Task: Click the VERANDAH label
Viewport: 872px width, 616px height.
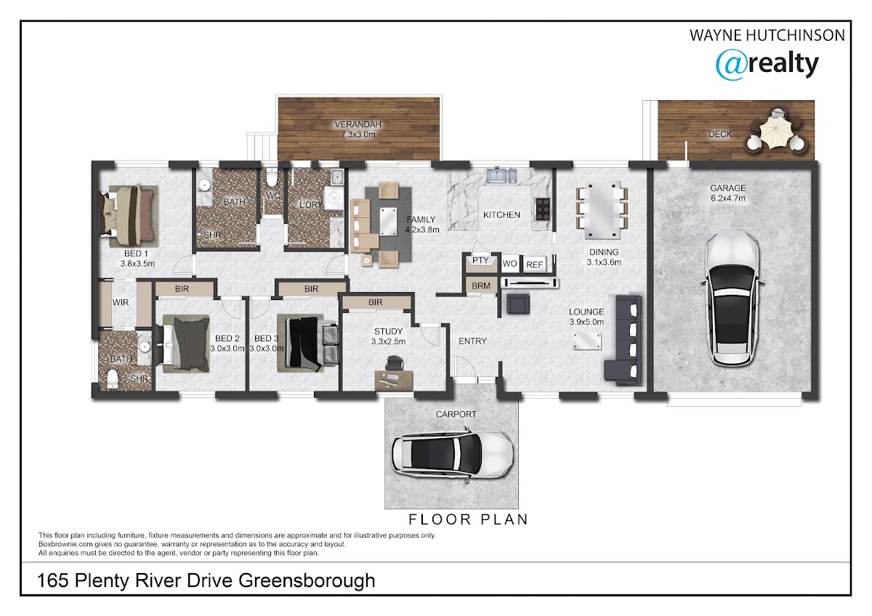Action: (x=358, y=124)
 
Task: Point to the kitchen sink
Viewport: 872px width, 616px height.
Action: (x=501, y=175)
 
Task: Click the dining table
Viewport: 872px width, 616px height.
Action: (x=602, y=209)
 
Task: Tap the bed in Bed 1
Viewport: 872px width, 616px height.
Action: (x=129, y=216)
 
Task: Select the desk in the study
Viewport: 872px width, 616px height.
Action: (x=393, y=379)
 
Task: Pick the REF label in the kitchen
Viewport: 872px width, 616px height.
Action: (x=534, y=264)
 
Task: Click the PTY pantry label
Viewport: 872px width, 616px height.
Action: (x=480, y=260)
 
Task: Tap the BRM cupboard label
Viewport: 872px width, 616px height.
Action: (x=481, y=286)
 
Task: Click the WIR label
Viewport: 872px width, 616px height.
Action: (x=121, y=302)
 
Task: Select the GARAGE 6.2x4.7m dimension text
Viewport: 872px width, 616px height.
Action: (x=728, y=193)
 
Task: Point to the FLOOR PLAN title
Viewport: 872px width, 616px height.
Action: (x=468, y=519)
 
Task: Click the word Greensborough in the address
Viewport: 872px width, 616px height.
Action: (x=307, y=581)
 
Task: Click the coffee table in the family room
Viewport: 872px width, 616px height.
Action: (x=388, y=222)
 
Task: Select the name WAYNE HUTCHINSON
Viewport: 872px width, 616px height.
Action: (x=767, y=36)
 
